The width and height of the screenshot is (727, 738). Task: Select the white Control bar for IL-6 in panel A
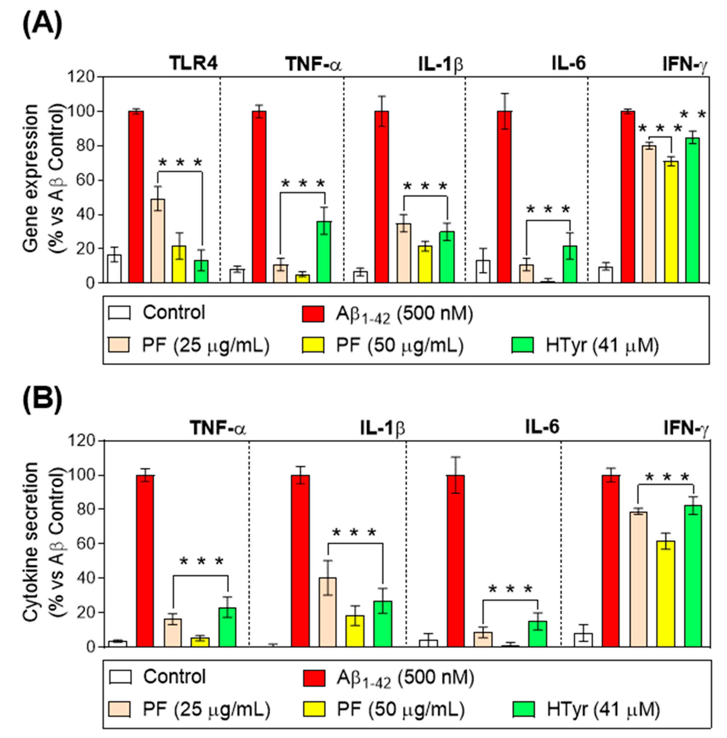point(483,271)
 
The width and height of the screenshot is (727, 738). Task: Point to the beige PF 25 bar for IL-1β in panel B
point(328,612)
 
